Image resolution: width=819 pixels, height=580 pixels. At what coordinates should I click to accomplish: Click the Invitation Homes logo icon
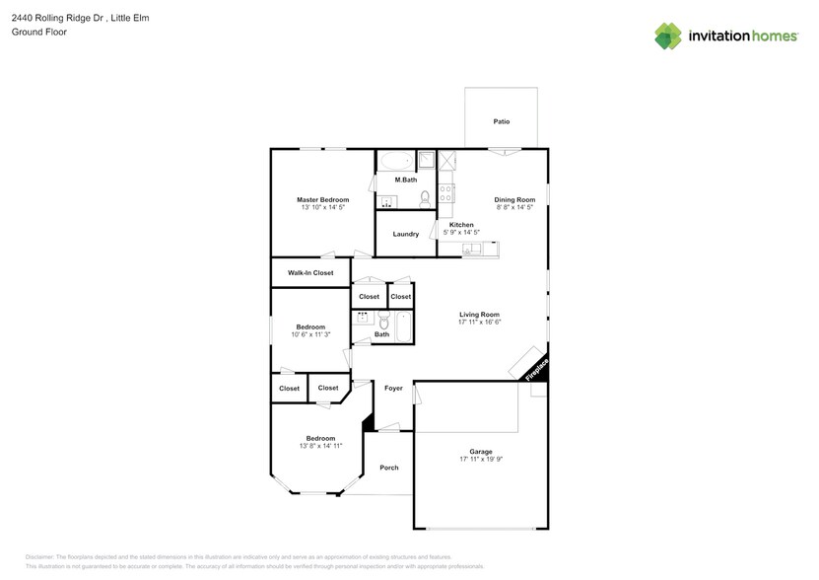coord(669,36)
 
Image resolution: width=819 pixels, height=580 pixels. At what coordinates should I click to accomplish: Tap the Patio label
coord(502,121)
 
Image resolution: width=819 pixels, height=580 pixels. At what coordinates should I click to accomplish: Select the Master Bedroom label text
coord(322,200)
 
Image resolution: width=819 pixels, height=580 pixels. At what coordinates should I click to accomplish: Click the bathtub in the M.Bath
coord(396,162)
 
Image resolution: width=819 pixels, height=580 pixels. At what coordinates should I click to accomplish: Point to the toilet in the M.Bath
coord(426,199)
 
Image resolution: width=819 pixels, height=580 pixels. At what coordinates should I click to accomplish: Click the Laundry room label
coord(406,234)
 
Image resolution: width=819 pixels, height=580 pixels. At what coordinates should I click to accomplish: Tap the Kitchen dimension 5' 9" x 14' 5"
coord(461,233)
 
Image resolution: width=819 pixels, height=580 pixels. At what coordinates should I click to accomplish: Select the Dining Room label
coord(514,200)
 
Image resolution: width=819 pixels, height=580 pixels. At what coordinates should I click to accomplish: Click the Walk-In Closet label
coord(310,272)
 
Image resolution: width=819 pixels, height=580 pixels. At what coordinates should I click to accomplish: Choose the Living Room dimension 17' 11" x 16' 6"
coord(480,322)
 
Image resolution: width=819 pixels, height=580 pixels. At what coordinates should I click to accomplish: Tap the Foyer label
coord(393,389)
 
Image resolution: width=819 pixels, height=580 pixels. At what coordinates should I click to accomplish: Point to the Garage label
coord(480,452)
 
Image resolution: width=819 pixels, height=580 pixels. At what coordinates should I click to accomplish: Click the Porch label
coord(389,467)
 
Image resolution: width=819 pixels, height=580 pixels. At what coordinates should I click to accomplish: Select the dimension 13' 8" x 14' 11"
coord(320,446)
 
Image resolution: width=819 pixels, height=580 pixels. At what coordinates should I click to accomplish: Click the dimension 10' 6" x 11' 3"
coord(310,334)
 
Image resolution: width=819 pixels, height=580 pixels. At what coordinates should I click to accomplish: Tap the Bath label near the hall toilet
coord(381,334)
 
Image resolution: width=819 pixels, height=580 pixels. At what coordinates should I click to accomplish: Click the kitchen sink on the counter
coord(470,249)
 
